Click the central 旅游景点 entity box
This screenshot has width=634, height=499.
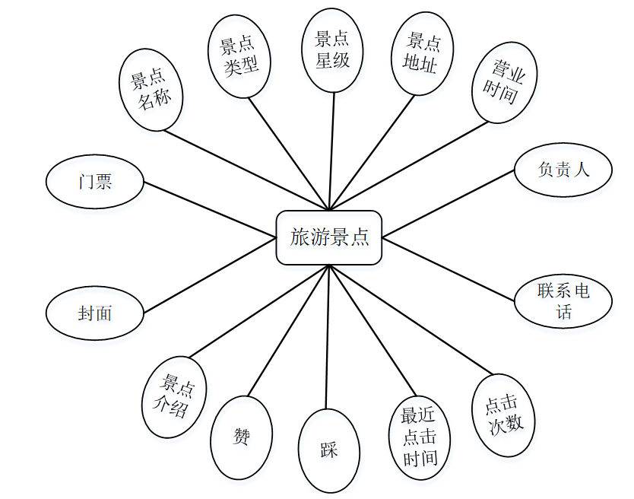tap(328, 237)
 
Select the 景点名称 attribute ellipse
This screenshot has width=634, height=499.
tap(151, 90)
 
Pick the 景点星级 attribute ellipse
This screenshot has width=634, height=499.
tap(332, 50)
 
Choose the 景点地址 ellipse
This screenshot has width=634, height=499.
tap(423, 52)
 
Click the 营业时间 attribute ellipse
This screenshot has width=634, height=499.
tap(505, 84)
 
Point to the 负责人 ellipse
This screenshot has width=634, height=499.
tap(563, 170)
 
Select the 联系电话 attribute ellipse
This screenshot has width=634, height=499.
tap(563, 300)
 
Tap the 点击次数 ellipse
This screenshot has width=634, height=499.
tap(503, 415)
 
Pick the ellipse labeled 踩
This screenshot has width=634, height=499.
tap(328, 450)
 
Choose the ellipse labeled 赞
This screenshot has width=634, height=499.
tap(241, 437)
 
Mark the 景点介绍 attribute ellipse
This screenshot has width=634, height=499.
tap(173, 396)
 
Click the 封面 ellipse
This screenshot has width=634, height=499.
tap(95, 313)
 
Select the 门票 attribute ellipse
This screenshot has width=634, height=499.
tap(95, 182)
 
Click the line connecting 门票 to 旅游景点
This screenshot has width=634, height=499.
tap(210, 209)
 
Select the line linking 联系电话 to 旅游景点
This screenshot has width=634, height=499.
tap(449, 267)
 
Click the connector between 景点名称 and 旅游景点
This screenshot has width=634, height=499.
tap(247, 169)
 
